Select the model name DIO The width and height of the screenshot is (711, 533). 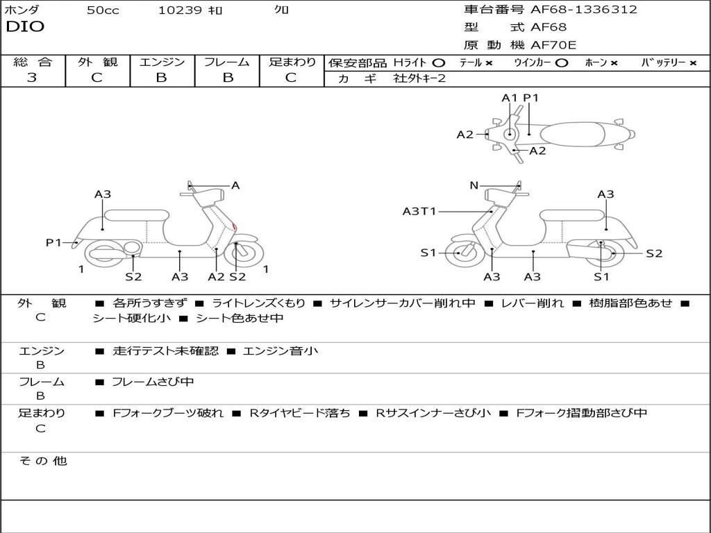pyautogui.click(x=25, y=27)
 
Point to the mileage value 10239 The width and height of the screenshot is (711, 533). pyautogui.click(x=180, y=10)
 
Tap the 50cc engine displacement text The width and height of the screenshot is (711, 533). pyautogui.click(x=103, y=10)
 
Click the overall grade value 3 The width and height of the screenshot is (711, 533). pyautogui.click(x=32, y=78)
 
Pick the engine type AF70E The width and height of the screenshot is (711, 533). pyautogui.click(x=553, y=45)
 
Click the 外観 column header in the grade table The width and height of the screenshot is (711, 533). pyautogui.click(x=97, y=62)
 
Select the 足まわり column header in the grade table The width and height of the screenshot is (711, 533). pyautogui.click(x=292, y=62)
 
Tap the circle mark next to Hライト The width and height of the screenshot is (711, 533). pyautogui.click(x=438, y=63)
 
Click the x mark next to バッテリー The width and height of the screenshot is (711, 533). pyautogui.click(x=692, y=63)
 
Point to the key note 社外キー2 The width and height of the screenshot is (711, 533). pyautogui.click(x=419, y=78)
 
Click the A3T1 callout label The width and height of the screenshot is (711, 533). pyautogui.click(x=419, y=212)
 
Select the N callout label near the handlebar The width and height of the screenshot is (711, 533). pyautogui.click(x=474, y=185)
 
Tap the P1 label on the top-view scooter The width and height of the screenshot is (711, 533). pyautogui.click(x=531, y=98)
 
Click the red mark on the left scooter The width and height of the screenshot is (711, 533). pyautogui.click(x=235, y=227)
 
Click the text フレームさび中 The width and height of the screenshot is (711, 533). pyautogui.click(x=153, y=382)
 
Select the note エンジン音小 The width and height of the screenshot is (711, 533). pyautogui.click(x=281, y=351)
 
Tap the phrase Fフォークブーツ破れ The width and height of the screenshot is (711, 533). pyautogui.click(x=168, y=413)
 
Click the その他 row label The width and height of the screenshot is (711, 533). pyautogui.click(x=42, y=461)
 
